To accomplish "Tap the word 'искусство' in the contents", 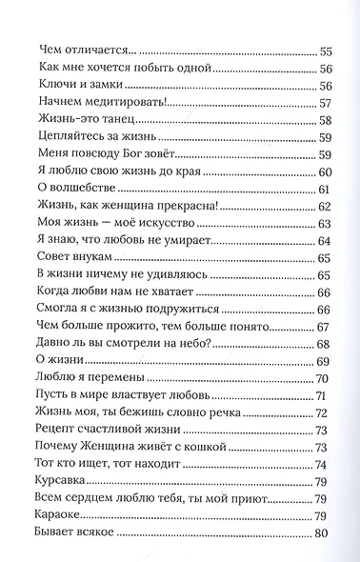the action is click(148, 223).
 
